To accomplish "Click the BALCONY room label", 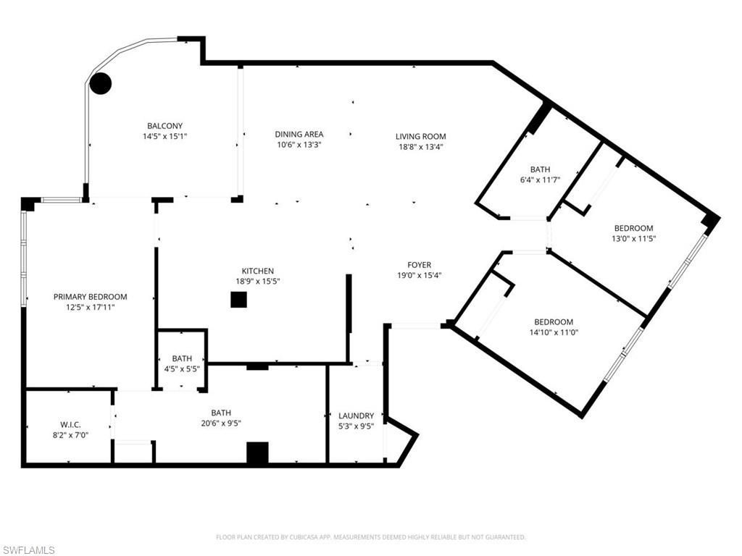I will click(164, 125).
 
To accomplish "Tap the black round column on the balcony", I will click(100, 83).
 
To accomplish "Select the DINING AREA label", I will click(299, 134).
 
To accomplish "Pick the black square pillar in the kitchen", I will click(238, 300).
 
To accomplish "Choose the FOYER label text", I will click(419, 265).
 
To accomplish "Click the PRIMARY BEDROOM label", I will click(90, 297).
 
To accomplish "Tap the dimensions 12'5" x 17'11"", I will click(90, 307).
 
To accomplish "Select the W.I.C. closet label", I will click(74, 425).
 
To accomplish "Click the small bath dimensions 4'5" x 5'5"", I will click(181, 368).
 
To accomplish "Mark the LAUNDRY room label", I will click(357, 416).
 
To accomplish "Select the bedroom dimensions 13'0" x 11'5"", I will click(633, 238).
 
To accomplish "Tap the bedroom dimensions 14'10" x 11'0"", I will click(554, 332).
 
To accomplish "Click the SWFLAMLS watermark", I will click(29, 550).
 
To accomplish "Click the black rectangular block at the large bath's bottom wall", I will click(257, 452).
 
